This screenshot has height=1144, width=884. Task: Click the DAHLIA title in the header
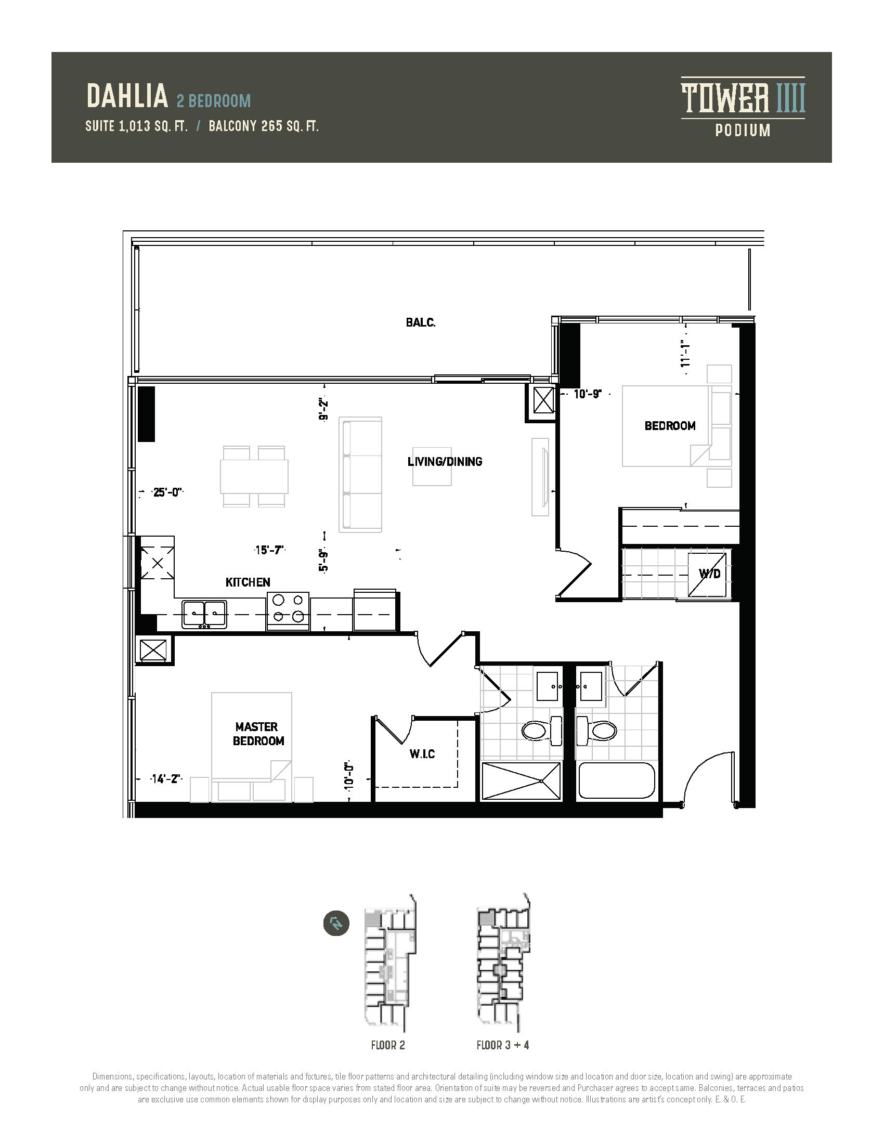[127, 96]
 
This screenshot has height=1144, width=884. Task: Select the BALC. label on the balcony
[421, 323]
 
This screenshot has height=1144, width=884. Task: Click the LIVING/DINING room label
[445, 461]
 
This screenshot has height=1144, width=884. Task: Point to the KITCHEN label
[248, 582]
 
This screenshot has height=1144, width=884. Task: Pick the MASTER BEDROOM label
[258, 733]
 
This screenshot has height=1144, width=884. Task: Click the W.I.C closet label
[422, 754]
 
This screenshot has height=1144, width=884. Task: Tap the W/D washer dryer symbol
[708, 574]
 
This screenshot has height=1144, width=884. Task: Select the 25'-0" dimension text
[167, 492]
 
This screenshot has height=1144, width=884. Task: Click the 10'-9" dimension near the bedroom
[588, 394]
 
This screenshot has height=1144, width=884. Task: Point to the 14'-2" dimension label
[165, 779]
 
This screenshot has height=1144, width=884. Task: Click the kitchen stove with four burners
[288, 612]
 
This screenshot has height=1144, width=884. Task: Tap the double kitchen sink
[205, 614]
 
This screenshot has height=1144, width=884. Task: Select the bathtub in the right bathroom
[616, 781]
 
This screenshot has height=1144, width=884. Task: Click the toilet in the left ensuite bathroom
[541, 730]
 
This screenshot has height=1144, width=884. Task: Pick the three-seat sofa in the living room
[360, 475]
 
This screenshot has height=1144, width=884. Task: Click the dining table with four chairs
[254, 476]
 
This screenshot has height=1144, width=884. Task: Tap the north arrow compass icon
[336, 924]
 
